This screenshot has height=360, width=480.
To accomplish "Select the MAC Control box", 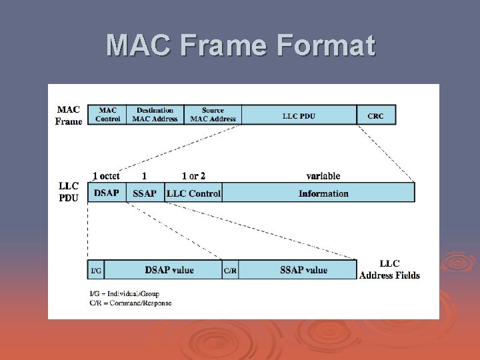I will point(107,115).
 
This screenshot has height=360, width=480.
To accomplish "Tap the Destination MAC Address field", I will point(155,115).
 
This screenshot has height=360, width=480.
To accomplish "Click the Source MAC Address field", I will point(212,115).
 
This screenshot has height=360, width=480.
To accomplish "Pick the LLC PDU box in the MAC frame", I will point(299,115).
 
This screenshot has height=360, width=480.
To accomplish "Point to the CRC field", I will point(375,115).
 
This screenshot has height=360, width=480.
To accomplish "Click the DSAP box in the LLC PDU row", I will point(107,193).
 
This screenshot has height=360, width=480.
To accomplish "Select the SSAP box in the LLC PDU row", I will point(145,193).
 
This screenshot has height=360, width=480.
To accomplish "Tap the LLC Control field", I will point(193,193).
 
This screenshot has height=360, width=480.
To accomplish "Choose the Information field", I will point(323,193).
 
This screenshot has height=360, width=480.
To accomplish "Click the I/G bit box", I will point(96,270).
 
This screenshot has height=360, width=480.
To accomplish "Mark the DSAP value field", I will point(169,270).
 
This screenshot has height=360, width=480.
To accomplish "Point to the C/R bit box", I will point(230,270).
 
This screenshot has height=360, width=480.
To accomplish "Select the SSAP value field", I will point(303,270).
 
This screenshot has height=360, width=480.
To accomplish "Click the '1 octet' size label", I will point(106,176).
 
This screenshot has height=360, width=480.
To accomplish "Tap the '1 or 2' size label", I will point(193,176).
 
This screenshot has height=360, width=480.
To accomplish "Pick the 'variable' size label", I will point(323,176).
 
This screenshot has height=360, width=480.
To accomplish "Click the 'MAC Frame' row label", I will point(69,115).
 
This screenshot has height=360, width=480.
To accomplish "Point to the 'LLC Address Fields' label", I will point(389,269).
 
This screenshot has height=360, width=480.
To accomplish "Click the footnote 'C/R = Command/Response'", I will point(130,303).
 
